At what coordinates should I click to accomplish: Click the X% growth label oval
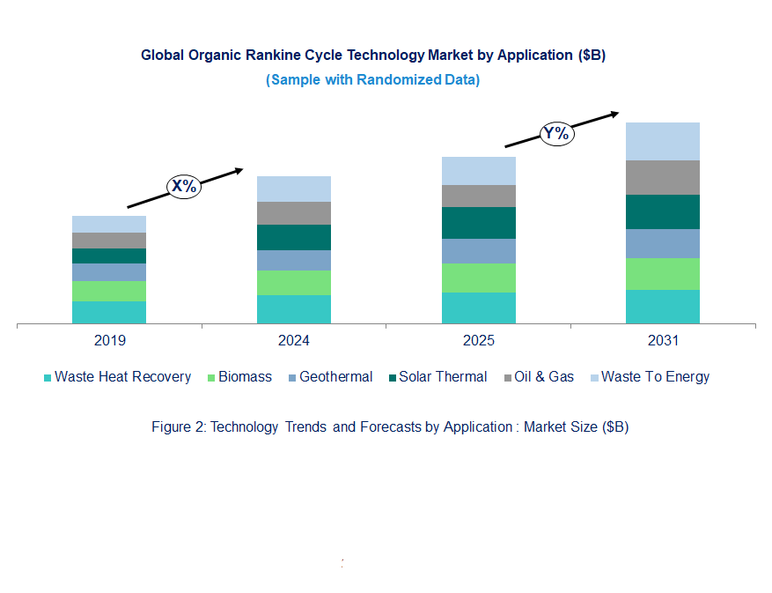pos(184,186)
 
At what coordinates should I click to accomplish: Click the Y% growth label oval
pos(556,134)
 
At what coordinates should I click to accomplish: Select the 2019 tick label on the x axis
pos(109,341)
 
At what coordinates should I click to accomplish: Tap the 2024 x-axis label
pos(293,341)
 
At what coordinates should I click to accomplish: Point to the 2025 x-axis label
pos(478,341)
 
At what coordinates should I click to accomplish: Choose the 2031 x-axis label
pos(662,341)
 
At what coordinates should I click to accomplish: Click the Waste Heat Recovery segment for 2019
pos(109,313)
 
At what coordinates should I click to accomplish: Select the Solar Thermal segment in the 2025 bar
pos(478,223)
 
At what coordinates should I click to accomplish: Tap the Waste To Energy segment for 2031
pos(662,141)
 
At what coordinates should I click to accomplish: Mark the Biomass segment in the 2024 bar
pos(293,283)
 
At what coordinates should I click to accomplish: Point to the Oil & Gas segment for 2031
pos(662,177)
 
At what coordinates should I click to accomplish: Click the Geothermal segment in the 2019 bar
pos(109,272)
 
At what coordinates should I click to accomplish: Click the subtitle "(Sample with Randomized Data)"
pos(372,80)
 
